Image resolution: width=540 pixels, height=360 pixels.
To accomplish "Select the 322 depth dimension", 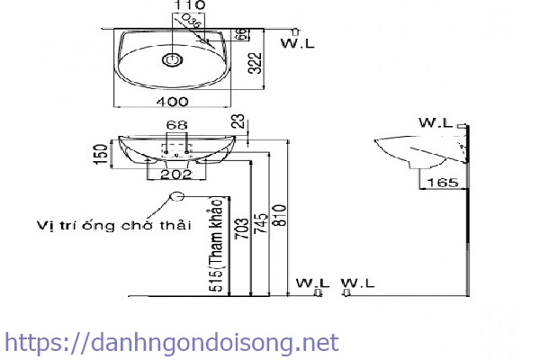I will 255,61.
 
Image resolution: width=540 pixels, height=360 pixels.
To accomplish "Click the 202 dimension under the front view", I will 175,175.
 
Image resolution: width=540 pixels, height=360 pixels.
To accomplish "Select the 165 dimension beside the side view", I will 441,183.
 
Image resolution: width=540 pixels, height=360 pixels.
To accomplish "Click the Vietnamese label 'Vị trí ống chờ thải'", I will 113,224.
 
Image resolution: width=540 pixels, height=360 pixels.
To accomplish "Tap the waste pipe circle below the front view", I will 177,198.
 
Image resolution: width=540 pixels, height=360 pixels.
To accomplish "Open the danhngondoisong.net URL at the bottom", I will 171,343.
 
